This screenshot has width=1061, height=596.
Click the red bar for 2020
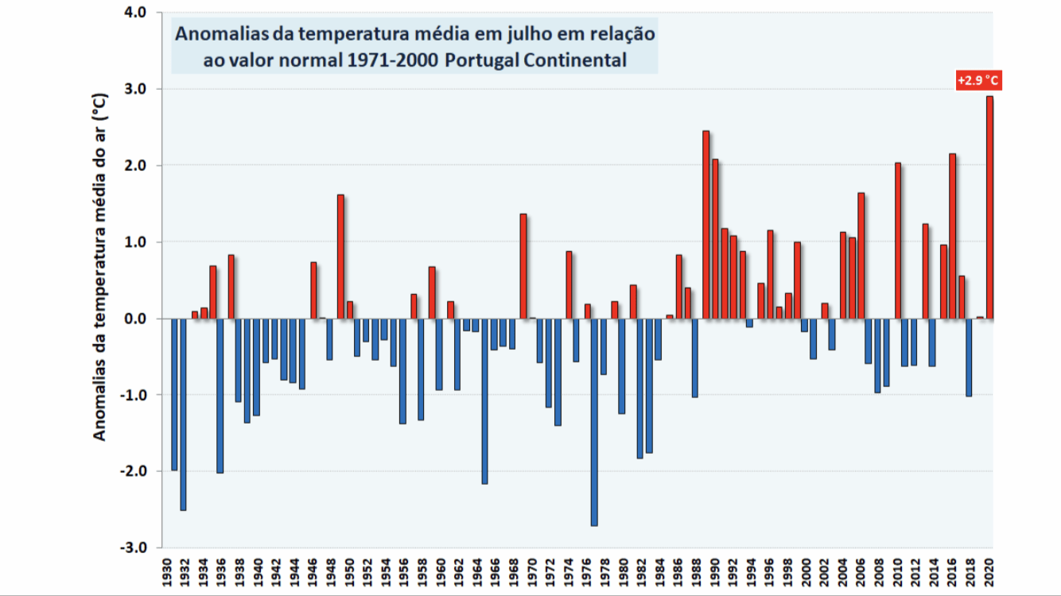[989, 207]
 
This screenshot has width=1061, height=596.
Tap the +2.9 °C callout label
[977, 80]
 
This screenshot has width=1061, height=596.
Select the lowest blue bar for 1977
[594, 422]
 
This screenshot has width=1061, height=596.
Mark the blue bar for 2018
[969, 357]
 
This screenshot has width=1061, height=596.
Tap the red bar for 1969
[523, 266]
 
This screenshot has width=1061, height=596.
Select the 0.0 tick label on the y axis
[136, 319]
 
